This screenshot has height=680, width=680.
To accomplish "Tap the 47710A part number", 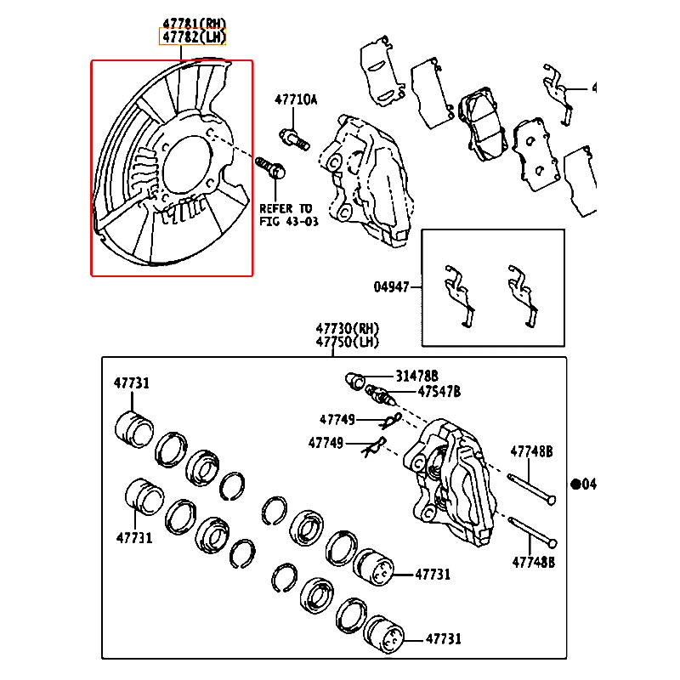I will coord(295,99).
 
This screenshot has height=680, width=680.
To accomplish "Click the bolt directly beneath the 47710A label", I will coord(294,136).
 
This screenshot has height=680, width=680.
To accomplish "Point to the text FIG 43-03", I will coord(286,221).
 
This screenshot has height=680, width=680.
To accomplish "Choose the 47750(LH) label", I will coord(347,342).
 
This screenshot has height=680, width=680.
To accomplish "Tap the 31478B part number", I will coord(416,376).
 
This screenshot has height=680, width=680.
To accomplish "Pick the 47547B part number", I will coord(439,391).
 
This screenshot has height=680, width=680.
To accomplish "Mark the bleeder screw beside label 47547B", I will coord(380,395).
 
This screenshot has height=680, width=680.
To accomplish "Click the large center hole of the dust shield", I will coord(185,167).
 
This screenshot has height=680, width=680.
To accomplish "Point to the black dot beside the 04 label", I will coord(575,484).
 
